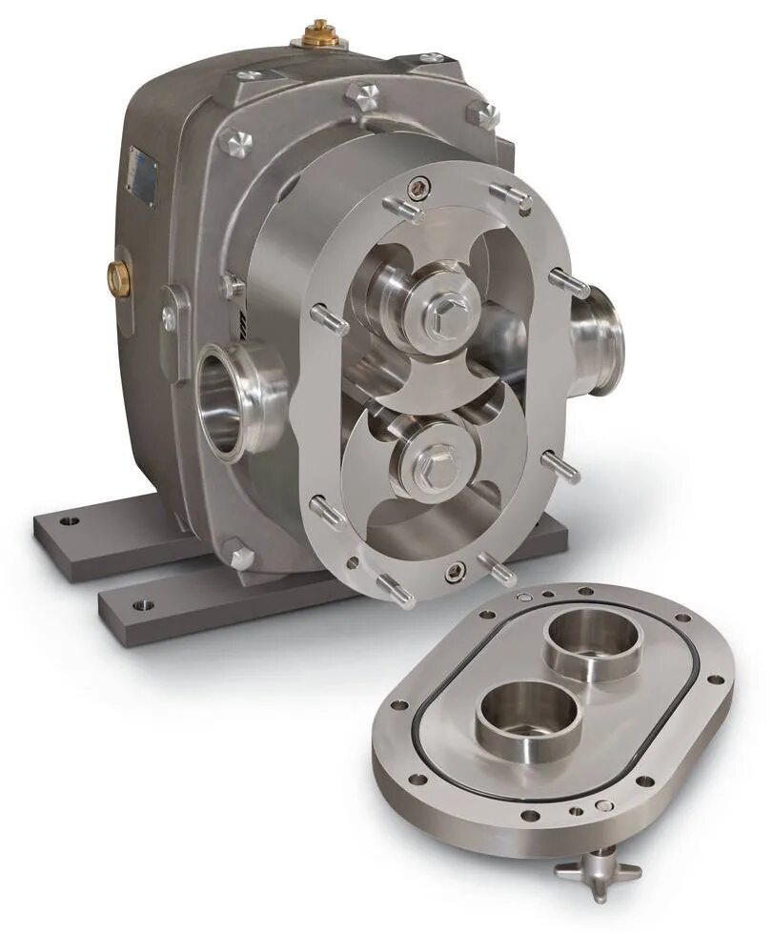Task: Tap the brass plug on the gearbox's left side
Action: pyautogui.click(x=119, y=277)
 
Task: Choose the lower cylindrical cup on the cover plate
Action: pyautogui.click(x=526, y=713)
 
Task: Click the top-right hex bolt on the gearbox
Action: pyautogui.click(x=483, y=114)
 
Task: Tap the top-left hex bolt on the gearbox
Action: pyautogui.click(x=235, y=143)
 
